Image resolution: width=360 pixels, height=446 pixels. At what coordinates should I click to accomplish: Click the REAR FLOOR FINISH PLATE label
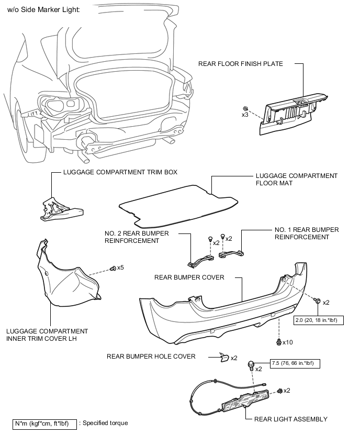(241, 64)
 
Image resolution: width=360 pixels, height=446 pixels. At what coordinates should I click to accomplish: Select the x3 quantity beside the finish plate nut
(245, 115)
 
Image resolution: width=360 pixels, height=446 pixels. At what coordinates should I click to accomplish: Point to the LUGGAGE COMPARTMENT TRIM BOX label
(120, 172)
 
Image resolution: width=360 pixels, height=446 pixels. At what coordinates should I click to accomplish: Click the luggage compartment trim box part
(61, 209)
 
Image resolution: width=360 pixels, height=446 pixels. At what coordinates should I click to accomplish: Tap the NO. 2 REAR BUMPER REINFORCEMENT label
(137, 237)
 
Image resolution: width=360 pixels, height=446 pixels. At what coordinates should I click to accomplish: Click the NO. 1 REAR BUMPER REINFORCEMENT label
(307, 233)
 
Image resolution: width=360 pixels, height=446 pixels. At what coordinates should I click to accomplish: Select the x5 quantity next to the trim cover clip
(120, 267)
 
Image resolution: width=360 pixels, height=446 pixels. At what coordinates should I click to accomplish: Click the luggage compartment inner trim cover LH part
(68, 274)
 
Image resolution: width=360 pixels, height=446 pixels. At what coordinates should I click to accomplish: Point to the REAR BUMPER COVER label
(189, 277)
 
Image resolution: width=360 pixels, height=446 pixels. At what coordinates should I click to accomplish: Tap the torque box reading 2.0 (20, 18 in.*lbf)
(319, 320)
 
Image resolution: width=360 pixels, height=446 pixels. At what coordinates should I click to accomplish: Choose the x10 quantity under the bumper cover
(288, 342)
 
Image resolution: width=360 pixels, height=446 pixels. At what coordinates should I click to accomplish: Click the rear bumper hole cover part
(224, 357)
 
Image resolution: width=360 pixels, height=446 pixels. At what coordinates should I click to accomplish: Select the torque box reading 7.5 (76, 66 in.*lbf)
(295, 363)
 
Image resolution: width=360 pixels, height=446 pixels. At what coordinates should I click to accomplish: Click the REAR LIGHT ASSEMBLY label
(291, 419)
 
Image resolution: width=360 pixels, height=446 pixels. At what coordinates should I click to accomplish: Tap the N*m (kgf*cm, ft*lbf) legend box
(44, 424)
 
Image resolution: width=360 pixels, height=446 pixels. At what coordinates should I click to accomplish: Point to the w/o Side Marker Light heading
(43, 9)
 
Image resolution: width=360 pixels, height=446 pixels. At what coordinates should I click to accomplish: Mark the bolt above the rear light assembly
(251, 365)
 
